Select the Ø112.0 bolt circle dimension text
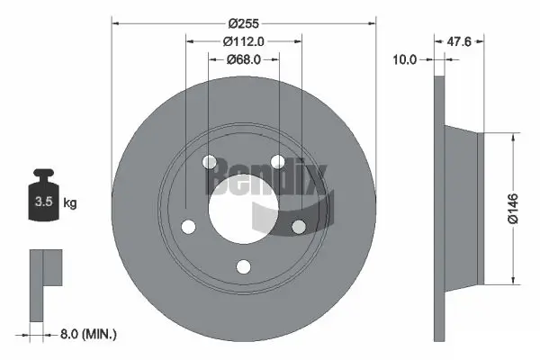(x=243, y=40)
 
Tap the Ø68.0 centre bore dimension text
(x=243, y=59)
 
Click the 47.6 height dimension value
(x=461, y=40)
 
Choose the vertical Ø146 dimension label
(x=512, y=206)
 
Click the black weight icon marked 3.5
(x=42, y=197)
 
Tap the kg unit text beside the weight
(x=69, y=203)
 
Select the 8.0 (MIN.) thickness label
(x=86, y=334)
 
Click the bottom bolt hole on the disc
(x=243, y=267)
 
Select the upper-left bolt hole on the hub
(x=209, y=163)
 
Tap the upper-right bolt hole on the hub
(x=277, y=162)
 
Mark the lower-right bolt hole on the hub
(x=299, y=227)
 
